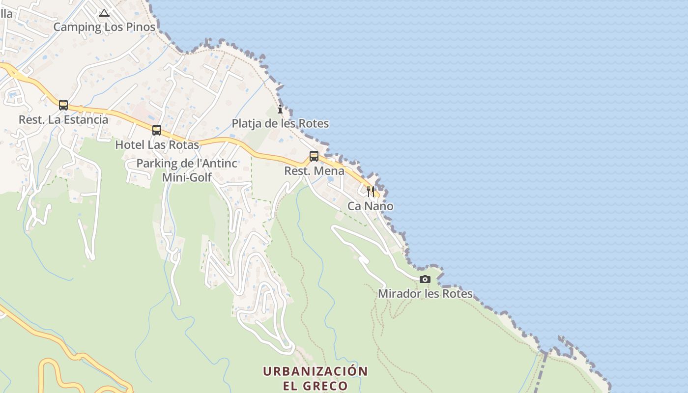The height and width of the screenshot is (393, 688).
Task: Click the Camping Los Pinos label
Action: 104,27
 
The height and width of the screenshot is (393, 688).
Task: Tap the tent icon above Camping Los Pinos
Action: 104,13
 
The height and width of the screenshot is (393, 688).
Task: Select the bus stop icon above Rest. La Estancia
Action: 63,105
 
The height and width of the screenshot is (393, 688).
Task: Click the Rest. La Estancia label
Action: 63,119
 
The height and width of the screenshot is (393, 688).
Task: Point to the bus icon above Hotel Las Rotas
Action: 157,130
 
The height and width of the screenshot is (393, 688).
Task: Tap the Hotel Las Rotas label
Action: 157,145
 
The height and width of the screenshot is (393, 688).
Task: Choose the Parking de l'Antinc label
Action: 187,164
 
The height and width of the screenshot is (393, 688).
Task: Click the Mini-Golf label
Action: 187,177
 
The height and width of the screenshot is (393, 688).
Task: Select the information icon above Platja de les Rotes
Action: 280,109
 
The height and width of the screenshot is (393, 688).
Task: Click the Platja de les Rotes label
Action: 280,123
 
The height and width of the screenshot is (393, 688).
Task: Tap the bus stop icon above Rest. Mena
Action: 314,156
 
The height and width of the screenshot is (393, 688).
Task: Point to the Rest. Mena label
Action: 314,171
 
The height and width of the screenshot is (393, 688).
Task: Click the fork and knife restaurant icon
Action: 371,191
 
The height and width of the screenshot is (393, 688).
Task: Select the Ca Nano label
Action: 371,206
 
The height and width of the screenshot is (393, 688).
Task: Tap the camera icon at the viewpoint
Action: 425,280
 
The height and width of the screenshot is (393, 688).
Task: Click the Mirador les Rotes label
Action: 425,294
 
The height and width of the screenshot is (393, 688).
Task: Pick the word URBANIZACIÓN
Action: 315,371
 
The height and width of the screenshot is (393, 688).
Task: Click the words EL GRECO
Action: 315,386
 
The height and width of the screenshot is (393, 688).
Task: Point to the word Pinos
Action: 141,27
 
